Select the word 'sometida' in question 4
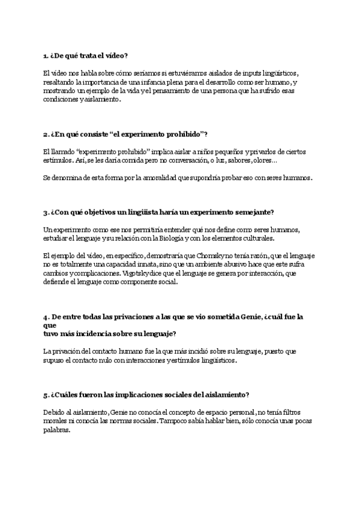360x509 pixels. click(x=218, y=316)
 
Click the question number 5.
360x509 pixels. click(x=46, y=395)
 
